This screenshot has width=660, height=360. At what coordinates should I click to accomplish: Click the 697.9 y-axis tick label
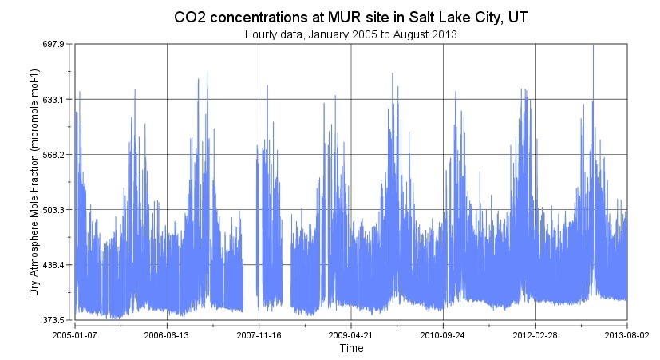(x=53, y=45)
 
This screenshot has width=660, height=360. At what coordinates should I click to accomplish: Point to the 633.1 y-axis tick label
(x=53, y=100)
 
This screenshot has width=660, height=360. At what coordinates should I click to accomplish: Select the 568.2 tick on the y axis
(x=53, y=155)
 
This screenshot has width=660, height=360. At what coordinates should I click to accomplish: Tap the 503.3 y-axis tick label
(x=53, y=210)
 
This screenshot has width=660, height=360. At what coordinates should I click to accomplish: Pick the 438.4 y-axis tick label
(x=53, y=265)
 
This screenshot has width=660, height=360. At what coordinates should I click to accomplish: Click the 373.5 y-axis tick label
(x=53, y=320)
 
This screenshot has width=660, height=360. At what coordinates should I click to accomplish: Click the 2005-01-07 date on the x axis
(x=75, y=335)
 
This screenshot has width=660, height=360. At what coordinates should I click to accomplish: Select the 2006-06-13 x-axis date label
(x=167, y=335)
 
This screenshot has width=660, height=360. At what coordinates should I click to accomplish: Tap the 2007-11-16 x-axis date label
(x=259, y=335)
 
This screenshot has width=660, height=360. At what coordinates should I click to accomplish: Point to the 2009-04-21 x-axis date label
(x=351, y=335)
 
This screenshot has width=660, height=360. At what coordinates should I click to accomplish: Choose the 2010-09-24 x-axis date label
(x=443, y=335)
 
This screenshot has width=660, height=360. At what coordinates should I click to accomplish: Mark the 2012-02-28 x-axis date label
(x=535, y=335)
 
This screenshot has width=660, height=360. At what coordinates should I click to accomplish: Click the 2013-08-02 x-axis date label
(x=626, y=335)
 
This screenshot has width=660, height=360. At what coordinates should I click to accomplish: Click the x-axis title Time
(x=351, y=349)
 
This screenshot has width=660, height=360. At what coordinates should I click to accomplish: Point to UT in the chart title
(x=517, y=17)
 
